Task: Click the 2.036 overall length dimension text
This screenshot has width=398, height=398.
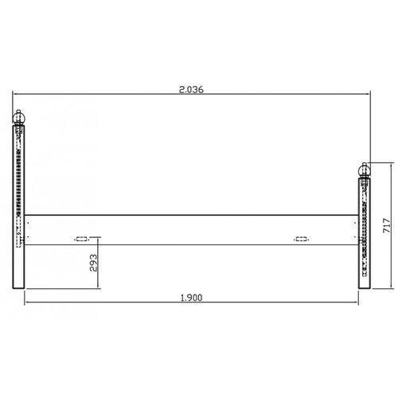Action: tap(193, 89)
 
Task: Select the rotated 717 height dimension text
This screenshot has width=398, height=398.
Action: tap(384, 224)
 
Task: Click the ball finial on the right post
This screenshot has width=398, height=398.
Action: tap(365, 171)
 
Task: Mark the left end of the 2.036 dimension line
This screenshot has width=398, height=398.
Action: tap(14, 96)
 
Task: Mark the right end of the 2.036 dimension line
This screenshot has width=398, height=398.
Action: tap(373, 96)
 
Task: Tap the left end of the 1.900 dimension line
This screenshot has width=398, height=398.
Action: tap(25, 303)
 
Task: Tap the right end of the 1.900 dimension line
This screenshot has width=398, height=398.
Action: tap(359, 303)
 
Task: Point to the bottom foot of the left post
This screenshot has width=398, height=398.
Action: tap(20, 287)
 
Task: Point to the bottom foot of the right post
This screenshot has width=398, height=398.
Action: tap(365, 287)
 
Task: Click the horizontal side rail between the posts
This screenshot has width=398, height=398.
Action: tap(191, 228)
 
